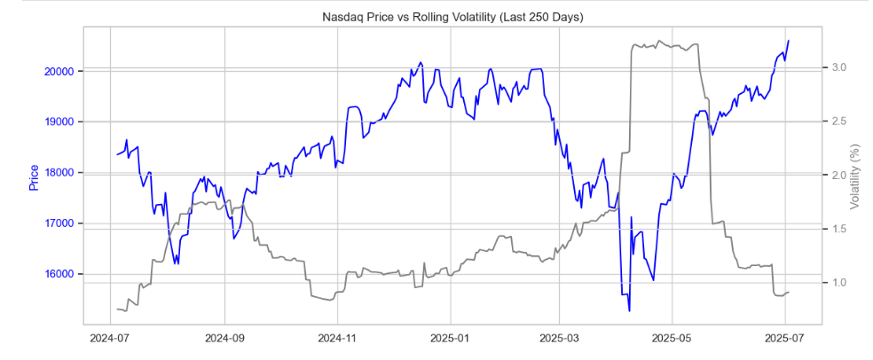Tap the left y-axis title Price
pos(34,177)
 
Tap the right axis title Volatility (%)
pos(855,177)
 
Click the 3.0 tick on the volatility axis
pos(838,67)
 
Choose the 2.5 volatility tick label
pos(838,121)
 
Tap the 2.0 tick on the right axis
pos(838,176)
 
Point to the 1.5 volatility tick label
pos(838,229)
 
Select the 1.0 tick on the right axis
pos(838,283)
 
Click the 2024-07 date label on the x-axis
pos(110,338)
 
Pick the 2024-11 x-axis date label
pos(336,338)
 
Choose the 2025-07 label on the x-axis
pos(784,338)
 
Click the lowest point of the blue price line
pos(629,311)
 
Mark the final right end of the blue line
pos(789,40)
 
